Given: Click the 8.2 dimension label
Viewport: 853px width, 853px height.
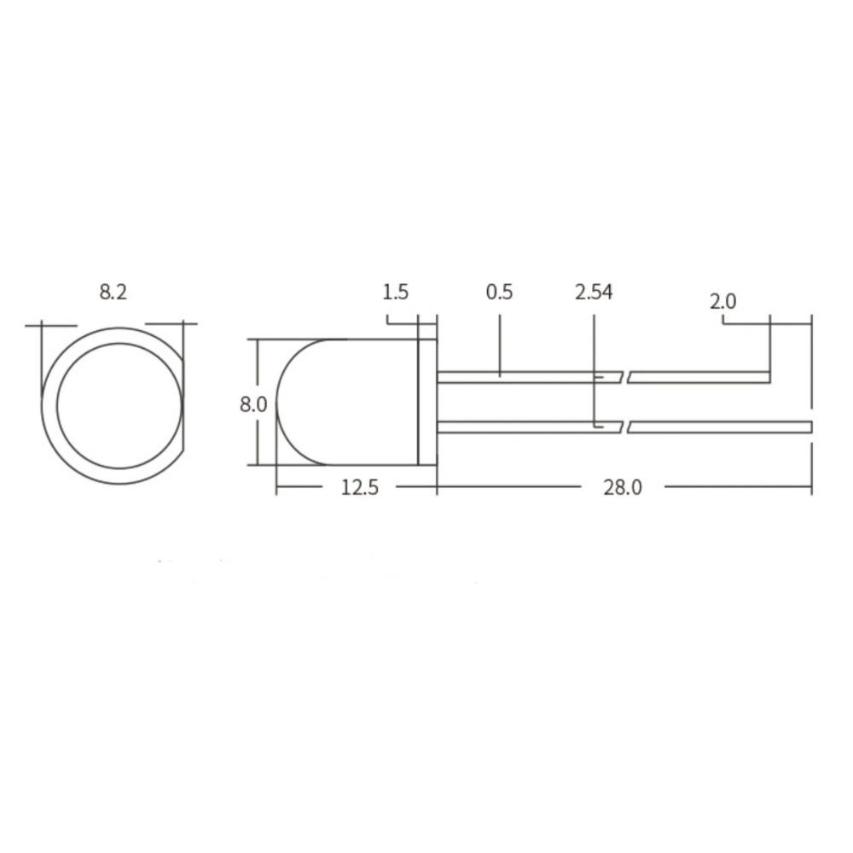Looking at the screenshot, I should pos(113,292).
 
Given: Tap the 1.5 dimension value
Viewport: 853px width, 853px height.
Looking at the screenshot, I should pos(395,292).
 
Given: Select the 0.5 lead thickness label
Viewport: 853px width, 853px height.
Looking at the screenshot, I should pos(499,292).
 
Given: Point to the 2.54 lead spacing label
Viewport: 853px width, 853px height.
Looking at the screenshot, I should pos(594,292).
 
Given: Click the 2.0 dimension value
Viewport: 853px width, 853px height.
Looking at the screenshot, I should pos(722,301).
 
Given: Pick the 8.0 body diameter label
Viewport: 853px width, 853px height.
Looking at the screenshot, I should pos(253,403).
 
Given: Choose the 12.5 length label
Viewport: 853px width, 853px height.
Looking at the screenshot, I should pos(359,487).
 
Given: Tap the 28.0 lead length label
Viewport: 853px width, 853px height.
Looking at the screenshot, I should pos(622,487).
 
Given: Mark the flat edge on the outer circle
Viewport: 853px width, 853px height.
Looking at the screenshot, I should pos(183,401).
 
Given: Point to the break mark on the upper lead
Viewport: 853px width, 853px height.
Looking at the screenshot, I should pos(616,377).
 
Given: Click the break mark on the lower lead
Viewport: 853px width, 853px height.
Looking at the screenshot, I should pos(616,426).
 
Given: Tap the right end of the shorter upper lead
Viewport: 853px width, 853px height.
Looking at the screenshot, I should pos(768,377).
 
